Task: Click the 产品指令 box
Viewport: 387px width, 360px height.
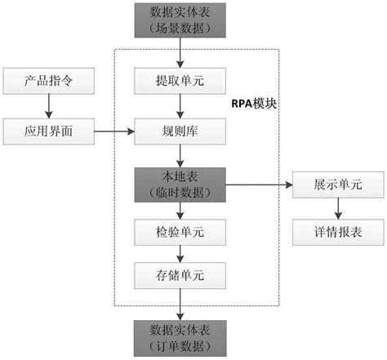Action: coord(49,81)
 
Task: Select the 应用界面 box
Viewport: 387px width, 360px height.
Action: coord(49,131)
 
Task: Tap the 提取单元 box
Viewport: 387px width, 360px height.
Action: coord(180,81)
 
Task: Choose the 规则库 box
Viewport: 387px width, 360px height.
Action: coord(180,131)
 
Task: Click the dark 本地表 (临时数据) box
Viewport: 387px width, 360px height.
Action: coord(180,184)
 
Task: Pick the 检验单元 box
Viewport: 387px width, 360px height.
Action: coord(180,233)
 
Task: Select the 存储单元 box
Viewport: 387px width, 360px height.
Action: coord(180,275)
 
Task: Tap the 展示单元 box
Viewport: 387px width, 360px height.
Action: coord(338,184)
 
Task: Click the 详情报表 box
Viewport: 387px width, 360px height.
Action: coord(338,233)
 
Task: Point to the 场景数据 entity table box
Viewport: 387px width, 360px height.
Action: coord(180,20)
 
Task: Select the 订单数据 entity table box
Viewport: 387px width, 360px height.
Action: coord(180,338)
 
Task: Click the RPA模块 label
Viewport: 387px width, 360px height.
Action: coord(254,104)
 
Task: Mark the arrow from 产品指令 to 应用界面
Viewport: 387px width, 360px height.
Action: coord(49,106)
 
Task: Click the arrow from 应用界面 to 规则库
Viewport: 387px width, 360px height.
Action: coord(114,131)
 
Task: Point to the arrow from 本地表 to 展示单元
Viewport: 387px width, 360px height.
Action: coord(259,185)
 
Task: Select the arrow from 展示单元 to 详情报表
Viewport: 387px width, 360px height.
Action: coord(338,209)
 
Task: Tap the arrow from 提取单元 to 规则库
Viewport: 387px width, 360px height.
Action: coord(180,106)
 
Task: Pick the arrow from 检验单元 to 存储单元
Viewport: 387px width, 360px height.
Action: coord(180,254)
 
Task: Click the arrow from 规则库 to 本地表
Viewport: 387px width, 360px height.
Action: coord(180,156)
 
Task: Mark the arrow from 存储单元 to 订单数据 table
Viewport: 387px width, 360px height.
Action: coord(180,304)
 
